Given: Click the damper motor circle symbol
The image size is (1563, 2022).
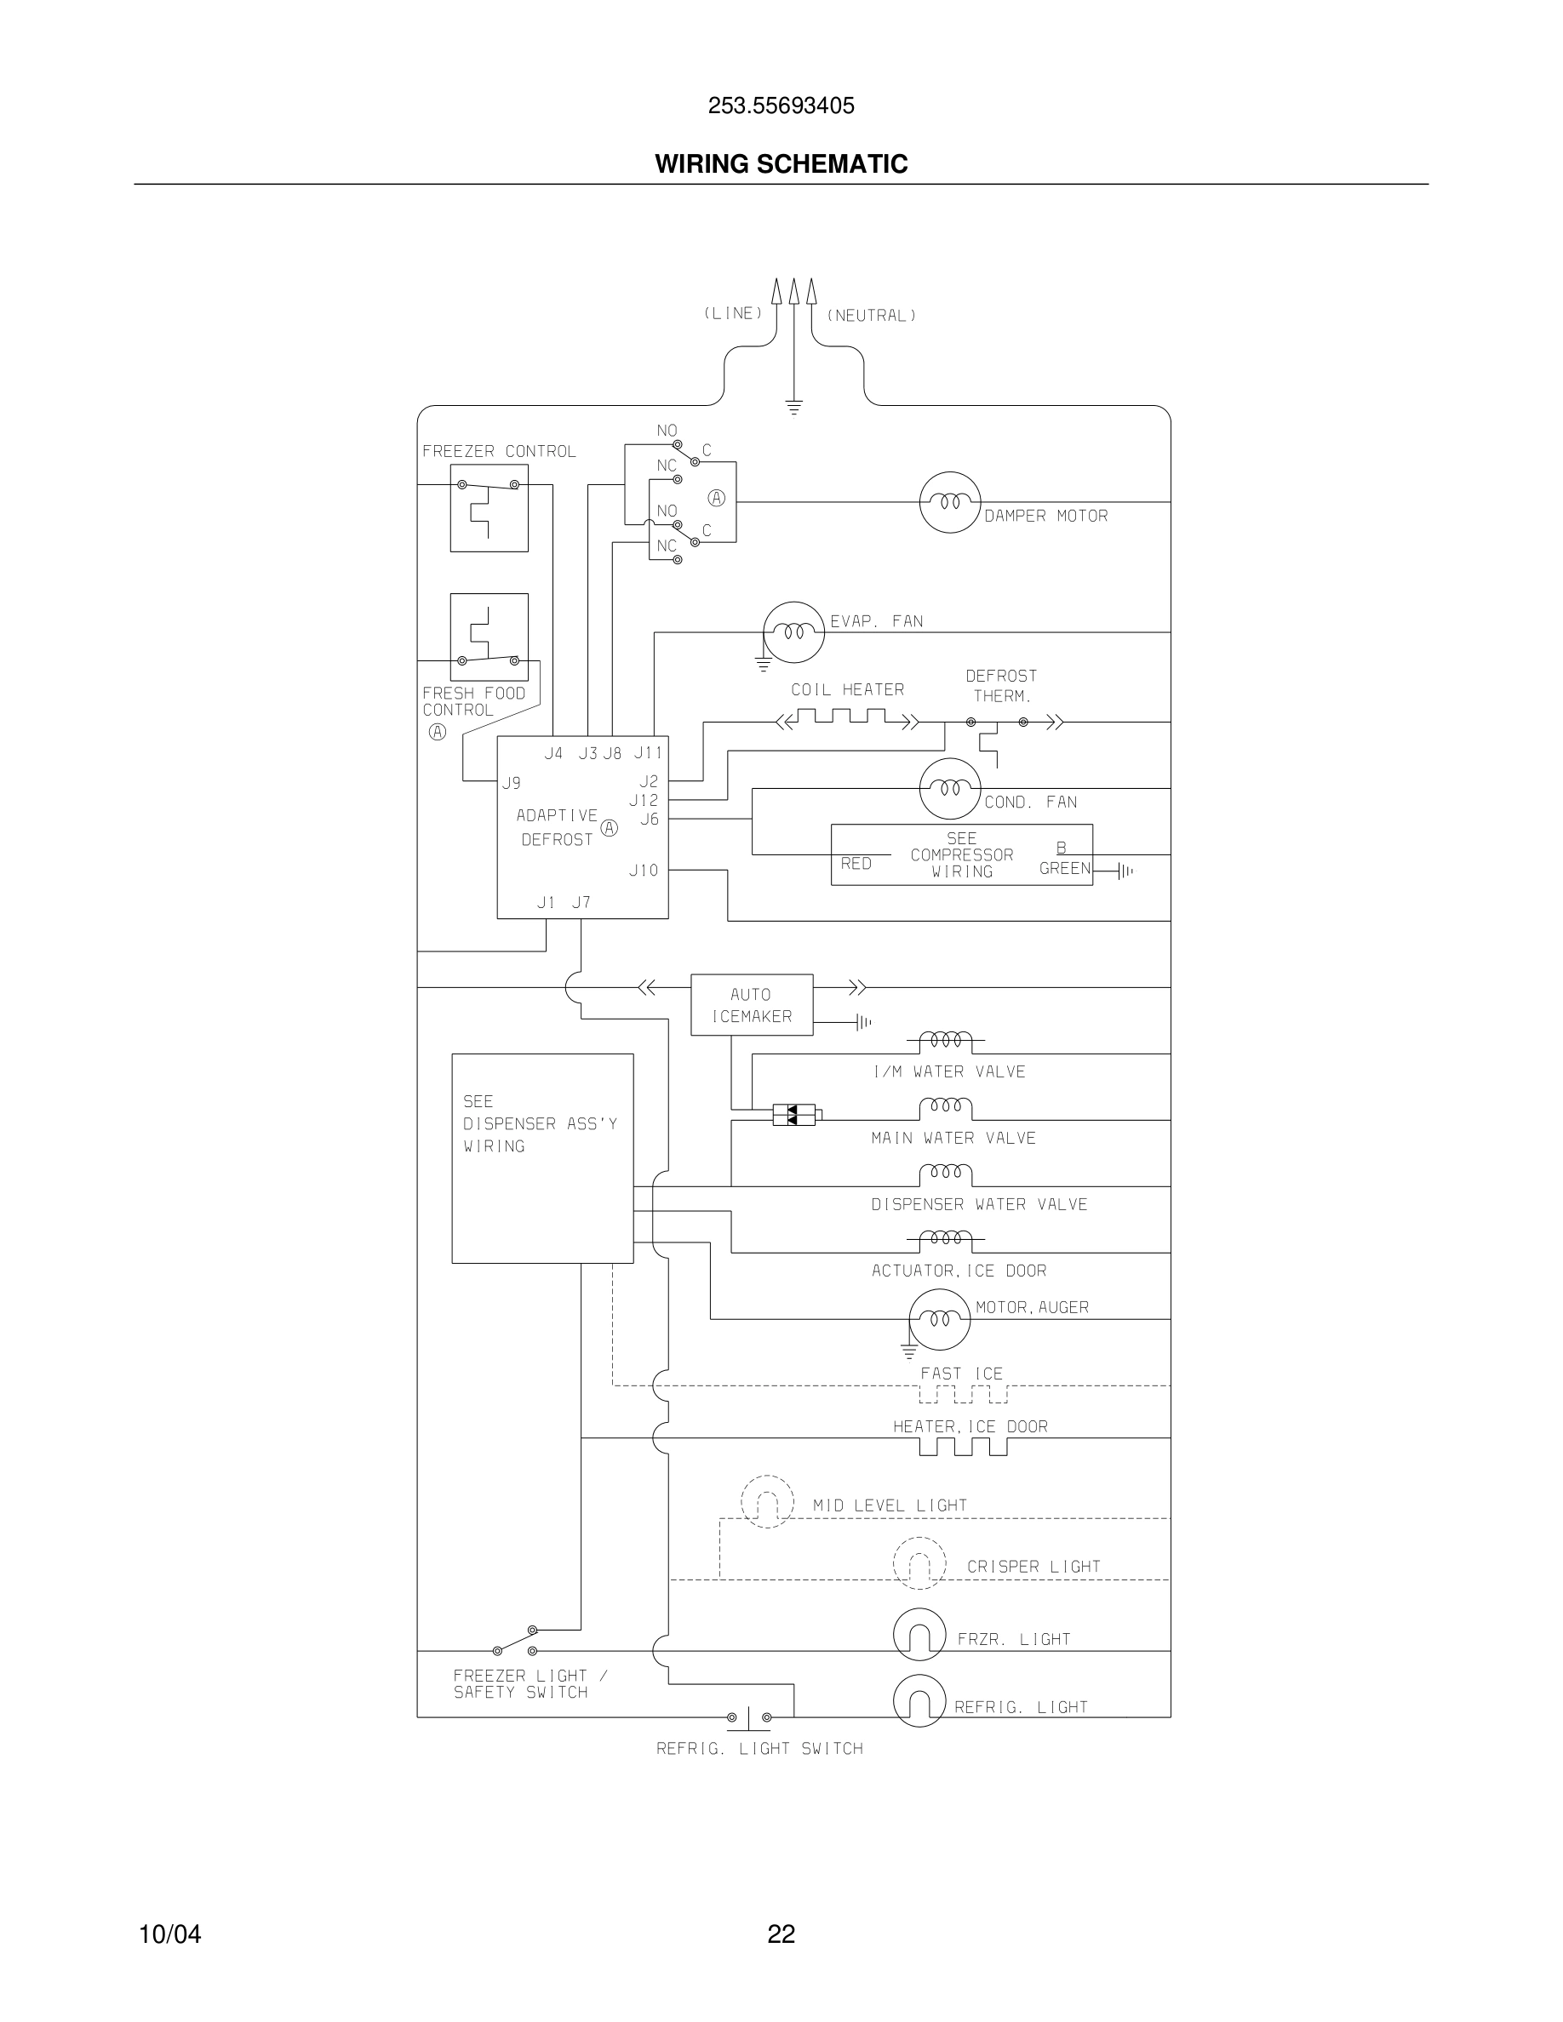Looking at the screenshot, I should (949, 502).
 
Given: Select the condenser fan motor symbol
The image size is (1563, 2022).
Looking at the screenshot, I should (949, 789).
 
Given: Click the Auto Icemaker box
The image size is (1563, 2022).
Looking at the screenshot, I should (752, 1004).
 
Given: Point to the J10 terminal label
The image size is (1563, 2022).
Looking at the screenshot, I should (644, 871).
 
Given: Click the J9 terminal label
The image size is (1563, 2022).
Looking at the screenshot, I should (511, 783).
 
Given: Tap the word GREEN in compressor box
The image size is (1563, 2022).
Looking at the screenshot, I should (1065, 868).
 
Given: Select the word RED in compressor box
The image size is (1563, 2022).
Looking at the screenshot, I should (856, 864).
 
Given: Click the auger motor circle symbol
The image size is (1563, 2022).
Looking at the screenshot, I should (939, 1318).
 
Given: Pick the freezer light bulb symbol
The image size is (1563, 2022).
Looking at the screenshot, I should (919, 1635).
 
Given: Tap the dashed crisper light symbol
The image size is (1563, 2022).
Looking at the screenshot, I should (919, 1562).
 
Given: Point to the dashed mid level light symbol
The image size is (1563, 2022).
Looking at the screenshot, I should (768, 1502).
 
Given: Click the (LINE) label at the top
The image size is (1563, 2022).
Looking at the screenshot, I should (733, 314).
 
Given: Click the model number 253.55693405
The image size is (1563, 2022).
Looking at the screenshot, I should (781, 106).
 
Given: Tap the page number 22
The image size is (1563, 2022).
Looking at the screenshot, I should (781, 1934).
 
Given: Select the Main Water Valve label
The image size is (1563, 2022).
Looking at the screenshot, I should (953, 1138).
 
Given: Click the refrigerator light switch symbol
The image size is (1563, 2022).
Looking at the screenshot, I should (748, 1718).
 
